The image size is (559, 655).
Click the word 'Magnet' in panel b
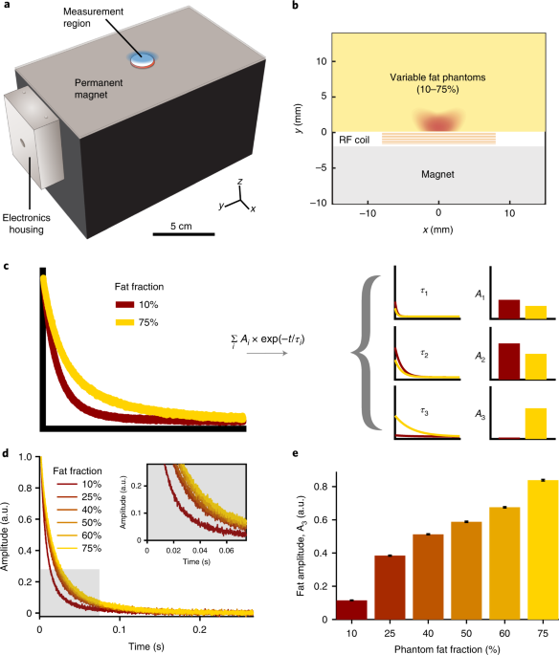438,175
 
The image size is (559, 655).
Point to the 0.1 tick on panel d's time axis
120,632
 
